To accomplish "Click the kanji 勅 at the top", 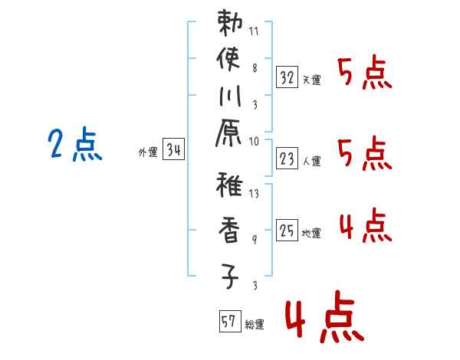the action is [x=231, y=25].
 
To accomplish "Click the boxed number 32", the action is [x=287, y=77].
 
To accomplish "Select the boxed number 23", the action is [x=287, y=159].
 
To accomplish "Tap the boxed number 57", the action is [x=228, y=322].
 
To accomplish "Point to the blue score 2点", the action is [x=74, y=146].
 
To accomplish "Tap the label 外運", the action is [x=148, y=152].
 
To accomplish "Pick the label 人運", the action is [x=311, y=161].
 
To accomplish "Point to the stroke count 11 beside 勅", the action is [x=255, y=33].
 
